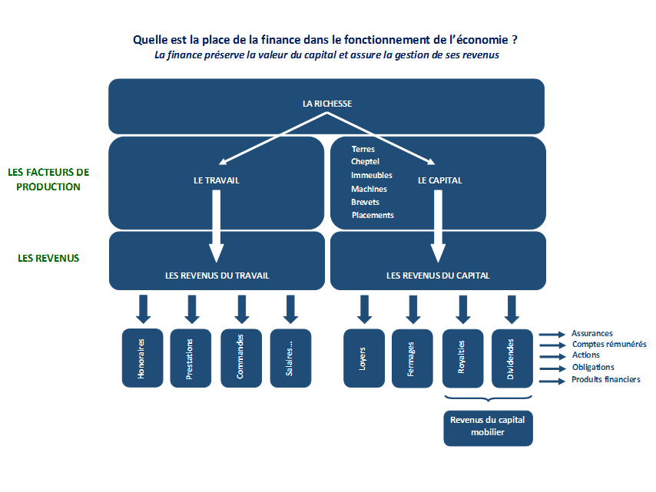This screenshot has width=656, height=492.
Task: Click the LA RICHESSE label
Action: (x=327, y=104)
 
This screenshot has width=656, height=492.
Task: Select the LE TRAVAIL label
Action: (x=217, y=180)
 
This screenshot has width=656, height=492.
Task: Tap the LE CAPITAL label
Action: (x=439, y=180)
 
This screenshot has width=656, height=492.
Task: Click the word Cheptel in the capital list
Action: (x=365, y=162)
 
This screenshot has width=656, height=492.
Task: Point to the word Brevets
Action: (x=365, y=203)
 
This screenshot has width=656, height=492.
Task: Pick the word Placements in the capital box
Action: (x=373, y=215)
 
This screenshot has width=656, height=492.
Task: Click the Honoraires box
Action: (x=142, y=358)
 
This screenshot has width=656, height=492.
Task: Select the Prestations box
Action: (x=191, y=358)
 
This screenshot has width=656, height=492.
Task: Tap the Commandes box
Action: (x=241, y=358)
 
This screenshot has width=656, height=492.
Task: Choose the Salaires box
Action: (x=290, y=358)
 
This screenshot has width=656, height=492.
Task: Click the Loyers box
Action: (x=363, y=358)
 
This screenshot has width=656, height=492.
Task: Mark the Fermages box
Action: (x=412, y=358)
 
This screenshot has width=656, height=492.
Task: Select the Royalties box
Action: (x=462, y=358)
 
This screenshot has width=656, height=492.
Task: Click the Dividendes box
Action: (x=512, y=358)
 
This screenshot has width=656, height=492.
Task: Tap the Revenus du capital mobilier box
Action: (x=488, y=428)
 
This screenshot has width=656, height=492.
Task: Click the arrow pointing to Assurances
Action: (x=552, y=335)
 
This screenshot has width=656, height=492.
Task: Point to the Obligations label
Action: (x=593, y=368)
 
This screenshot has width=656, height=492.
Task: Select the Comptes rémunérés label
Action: (x=609, y=345)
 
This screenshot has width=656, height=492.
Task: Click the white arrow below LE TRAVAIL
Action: (x=217, y=226)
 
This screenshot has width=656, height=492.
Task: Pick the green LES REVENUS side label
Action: (x=48, y=259)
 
